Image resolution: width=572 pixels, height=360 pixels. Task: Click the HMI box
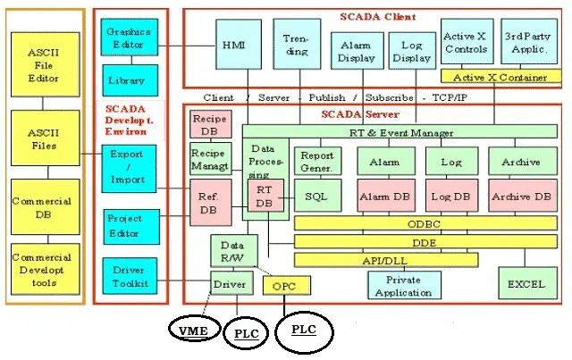click(237, 45)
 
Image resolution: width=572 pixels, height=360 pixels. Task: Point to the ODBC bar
click(425, 223)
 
